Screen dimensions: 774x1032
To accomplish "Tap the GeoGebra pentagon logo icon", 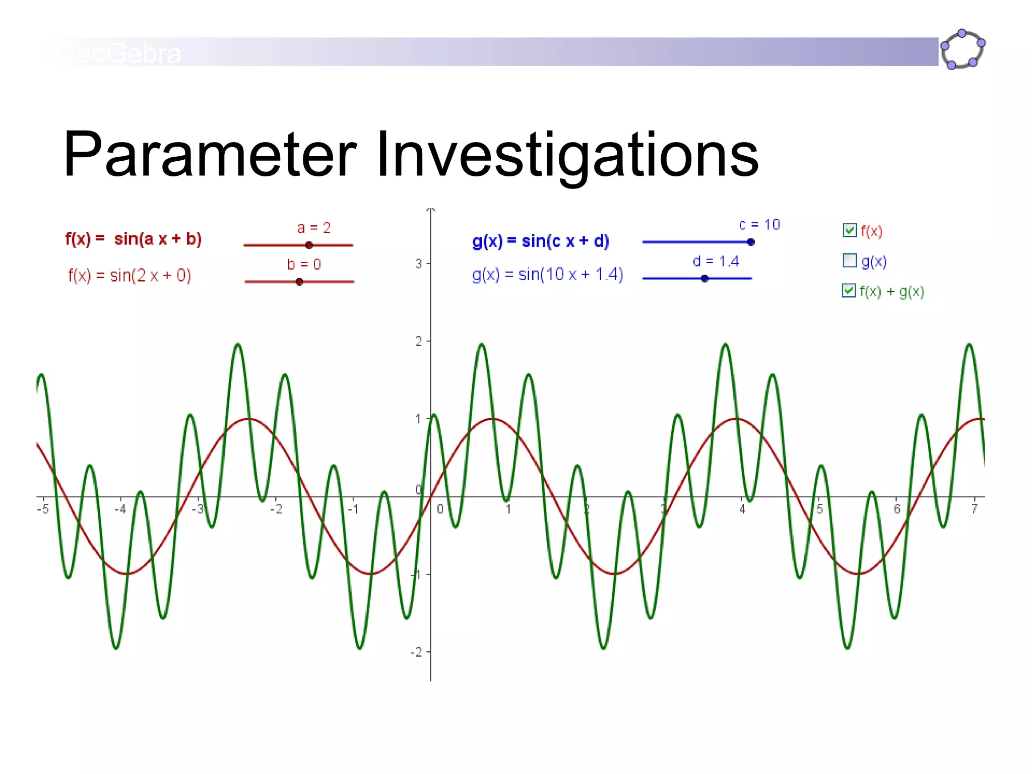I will pos(962,49).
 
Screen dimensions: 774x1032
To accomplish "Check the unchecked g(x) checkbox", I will pos(850,261).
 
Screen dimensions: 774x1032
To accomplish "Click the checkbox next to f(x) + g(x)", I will pos(849,291).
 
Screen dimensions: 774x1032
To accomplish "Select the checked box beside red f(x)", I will pos(850,230).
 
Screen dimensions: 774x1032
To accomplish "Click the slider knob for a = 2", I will pos(309,245).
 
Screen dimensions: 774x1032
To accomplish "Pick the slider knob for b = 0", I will pos(299,282).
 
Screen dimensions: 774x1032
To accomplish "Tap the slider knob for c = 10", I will pos(751,242).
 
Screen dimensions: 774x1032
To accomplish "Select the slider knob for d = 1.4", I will pos(704,279).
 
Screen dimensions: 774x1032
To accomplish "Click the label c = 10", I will pos(759,225).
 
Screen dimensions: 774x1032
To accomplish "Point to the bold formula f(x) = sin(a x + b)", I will pos(134,239).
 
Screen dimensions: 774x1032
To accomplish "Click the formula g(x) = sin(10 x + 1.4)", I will pos(547,275).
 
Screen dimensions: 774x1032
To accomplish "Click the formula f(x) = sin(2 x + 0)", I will pos(130,276).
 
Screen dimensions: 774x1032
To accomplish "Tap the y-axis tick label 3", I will pos(419,264).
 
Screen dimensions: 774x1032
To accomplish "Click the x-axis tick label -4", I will pos(120,509).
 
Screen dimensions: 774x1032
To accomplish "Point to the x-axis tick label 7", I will pos(975,509).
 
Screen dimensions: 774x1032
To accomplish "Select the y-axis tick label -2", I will pos(416,653).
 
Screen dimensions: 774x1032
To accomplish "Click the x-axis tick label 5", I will pos(820,509).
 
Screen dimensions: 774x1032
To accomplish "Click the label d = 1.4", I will pos(716,262).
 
